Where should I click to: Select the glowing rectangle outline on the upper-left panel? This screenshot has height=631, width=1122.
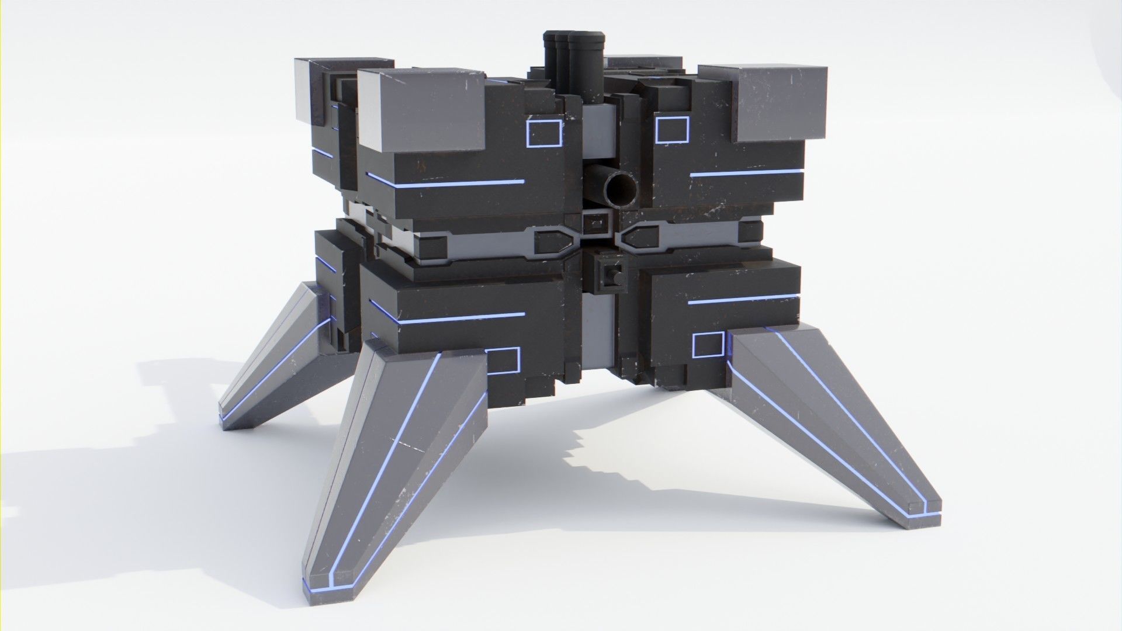pos(543,133)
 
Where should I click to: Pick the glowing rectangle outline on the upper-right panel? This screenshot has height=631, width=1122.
pos(672,130)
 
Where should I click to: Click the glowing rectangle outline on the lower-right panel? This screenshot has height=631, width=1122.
pos(708,345)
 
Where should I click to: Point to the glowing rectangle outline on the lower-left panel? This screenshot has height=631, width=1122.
pos(503,360)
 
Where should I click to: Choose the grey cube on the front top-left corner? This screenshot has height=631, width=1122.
pos(421,111)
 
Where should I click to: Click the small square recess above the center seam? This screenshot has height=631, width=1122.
pos(596,224)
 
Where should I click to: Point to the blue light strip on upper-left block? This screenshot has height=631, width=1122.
pos(444,183)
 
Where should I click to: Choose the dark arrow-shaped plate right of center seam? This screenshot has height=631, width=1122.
pos(640,238)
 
